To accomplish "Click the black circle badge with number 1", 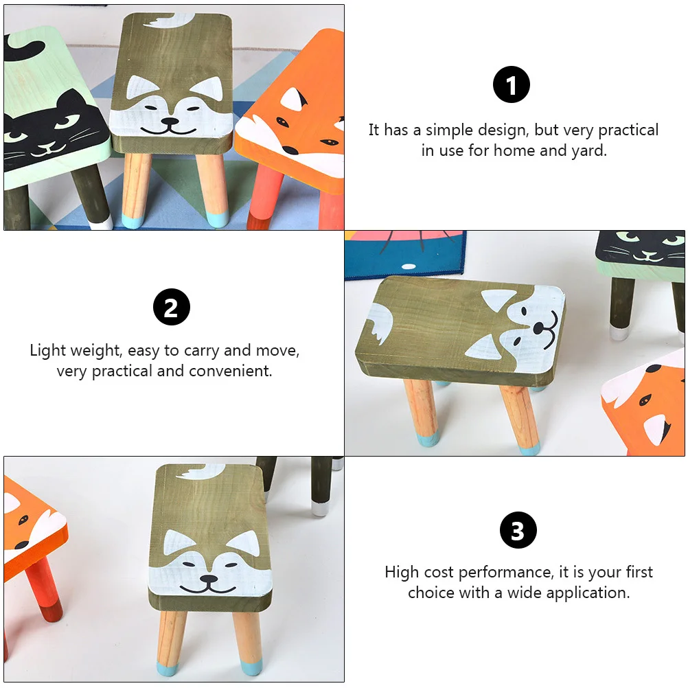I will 512,85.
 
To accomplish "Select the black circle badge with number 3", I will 518,531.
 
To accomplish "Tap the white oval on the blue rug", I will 409,266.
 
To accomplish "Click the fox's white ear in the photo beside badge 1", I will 295,100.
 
